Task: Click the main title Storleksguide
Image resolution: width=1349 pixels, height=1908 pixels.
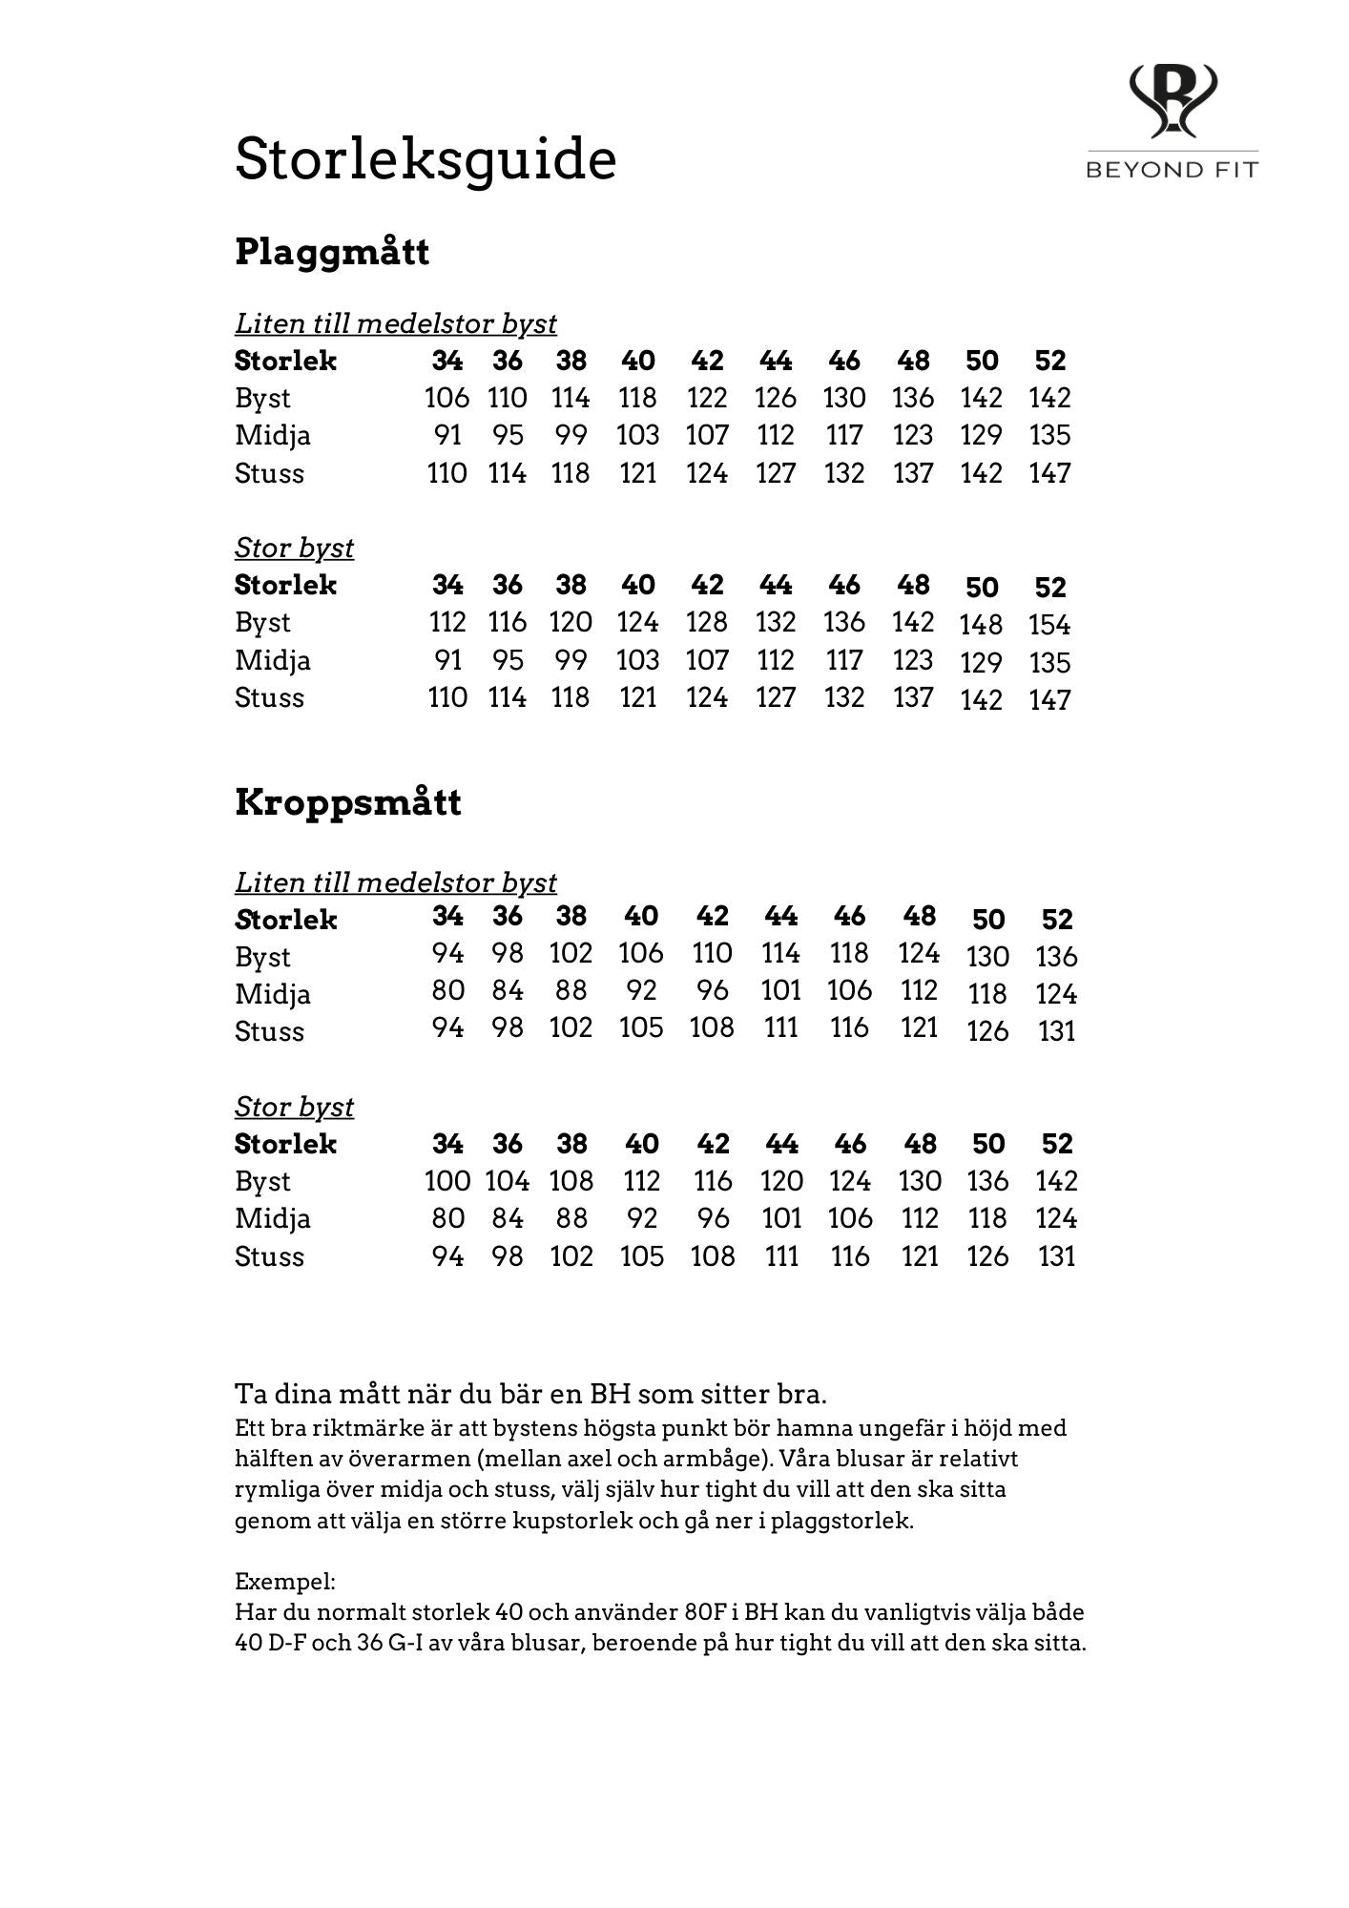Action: tap(425, 159)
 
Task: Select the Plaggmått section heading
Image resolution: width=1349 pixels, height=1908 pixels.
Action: tap(332, 253)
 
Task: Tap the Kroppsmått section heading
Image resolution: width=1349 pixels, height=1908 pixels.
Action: tap(347, 802)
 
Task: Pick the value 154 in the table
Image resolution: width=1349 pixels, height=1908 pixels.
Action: tap(1049, 625)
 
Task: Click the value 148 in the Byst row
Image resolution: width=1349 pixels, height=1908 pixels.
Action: tap(981, 625)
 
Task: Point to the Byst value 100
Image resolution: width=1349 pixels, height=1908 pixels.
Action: tap(446, 1181)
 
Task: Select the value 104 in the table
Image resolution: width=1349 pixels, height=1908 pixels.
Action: tap(507, 1181)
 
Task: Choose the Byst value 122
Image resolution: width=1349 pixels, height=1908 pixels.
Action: tap(707, 398)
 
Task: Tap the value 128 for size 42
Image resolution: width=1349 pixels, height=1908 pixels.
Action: tap(707, 622)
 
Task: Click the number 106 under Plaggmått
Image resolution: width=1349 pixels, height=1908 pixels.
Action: tap(446, 398)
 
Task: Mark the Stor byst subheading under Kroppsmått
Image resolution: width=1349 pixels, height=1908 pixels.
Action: tap(294, 1107)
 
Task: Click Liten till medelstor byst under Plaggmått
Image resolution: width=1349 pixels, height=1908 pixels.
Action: tap(396, 324)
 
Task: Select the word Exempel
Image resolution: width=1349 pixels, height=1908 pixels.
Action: tap(284, 1582)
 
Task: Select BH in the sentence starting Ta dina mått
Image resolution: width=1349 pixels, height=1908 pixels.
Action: tap(610, 1394)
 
